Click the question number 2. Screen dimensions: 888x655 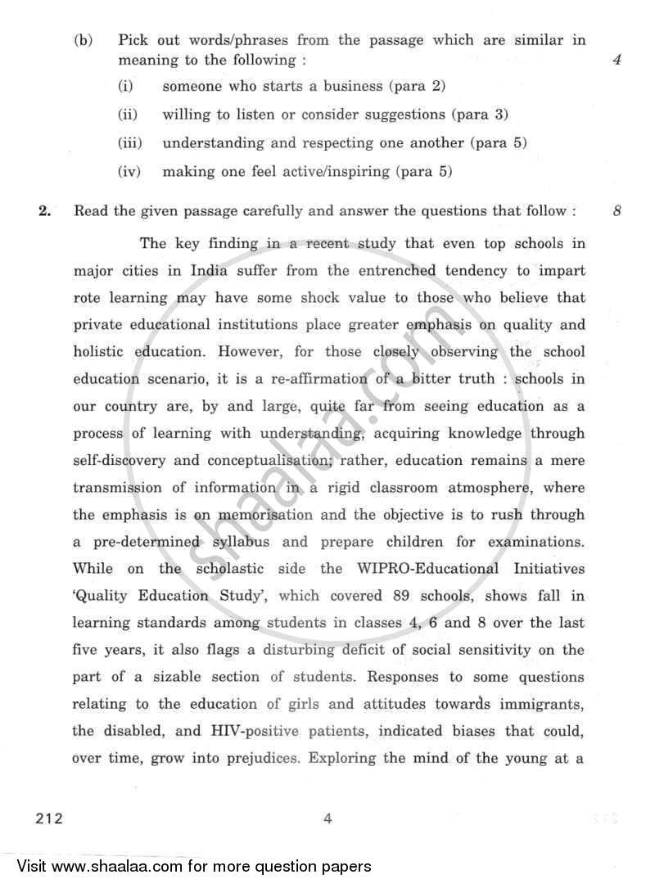tap(45, 211)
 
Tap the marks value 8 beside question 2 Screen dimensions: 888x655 tap(617, 211)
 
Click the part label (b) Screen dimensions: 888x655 tap(84, 39)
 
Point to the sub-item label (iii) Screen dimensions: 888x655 tap(129, 142)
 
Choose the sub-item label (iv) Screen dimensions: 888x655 tap(129, 172)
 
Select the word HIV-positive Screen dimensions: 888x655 tap(257, 731)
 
